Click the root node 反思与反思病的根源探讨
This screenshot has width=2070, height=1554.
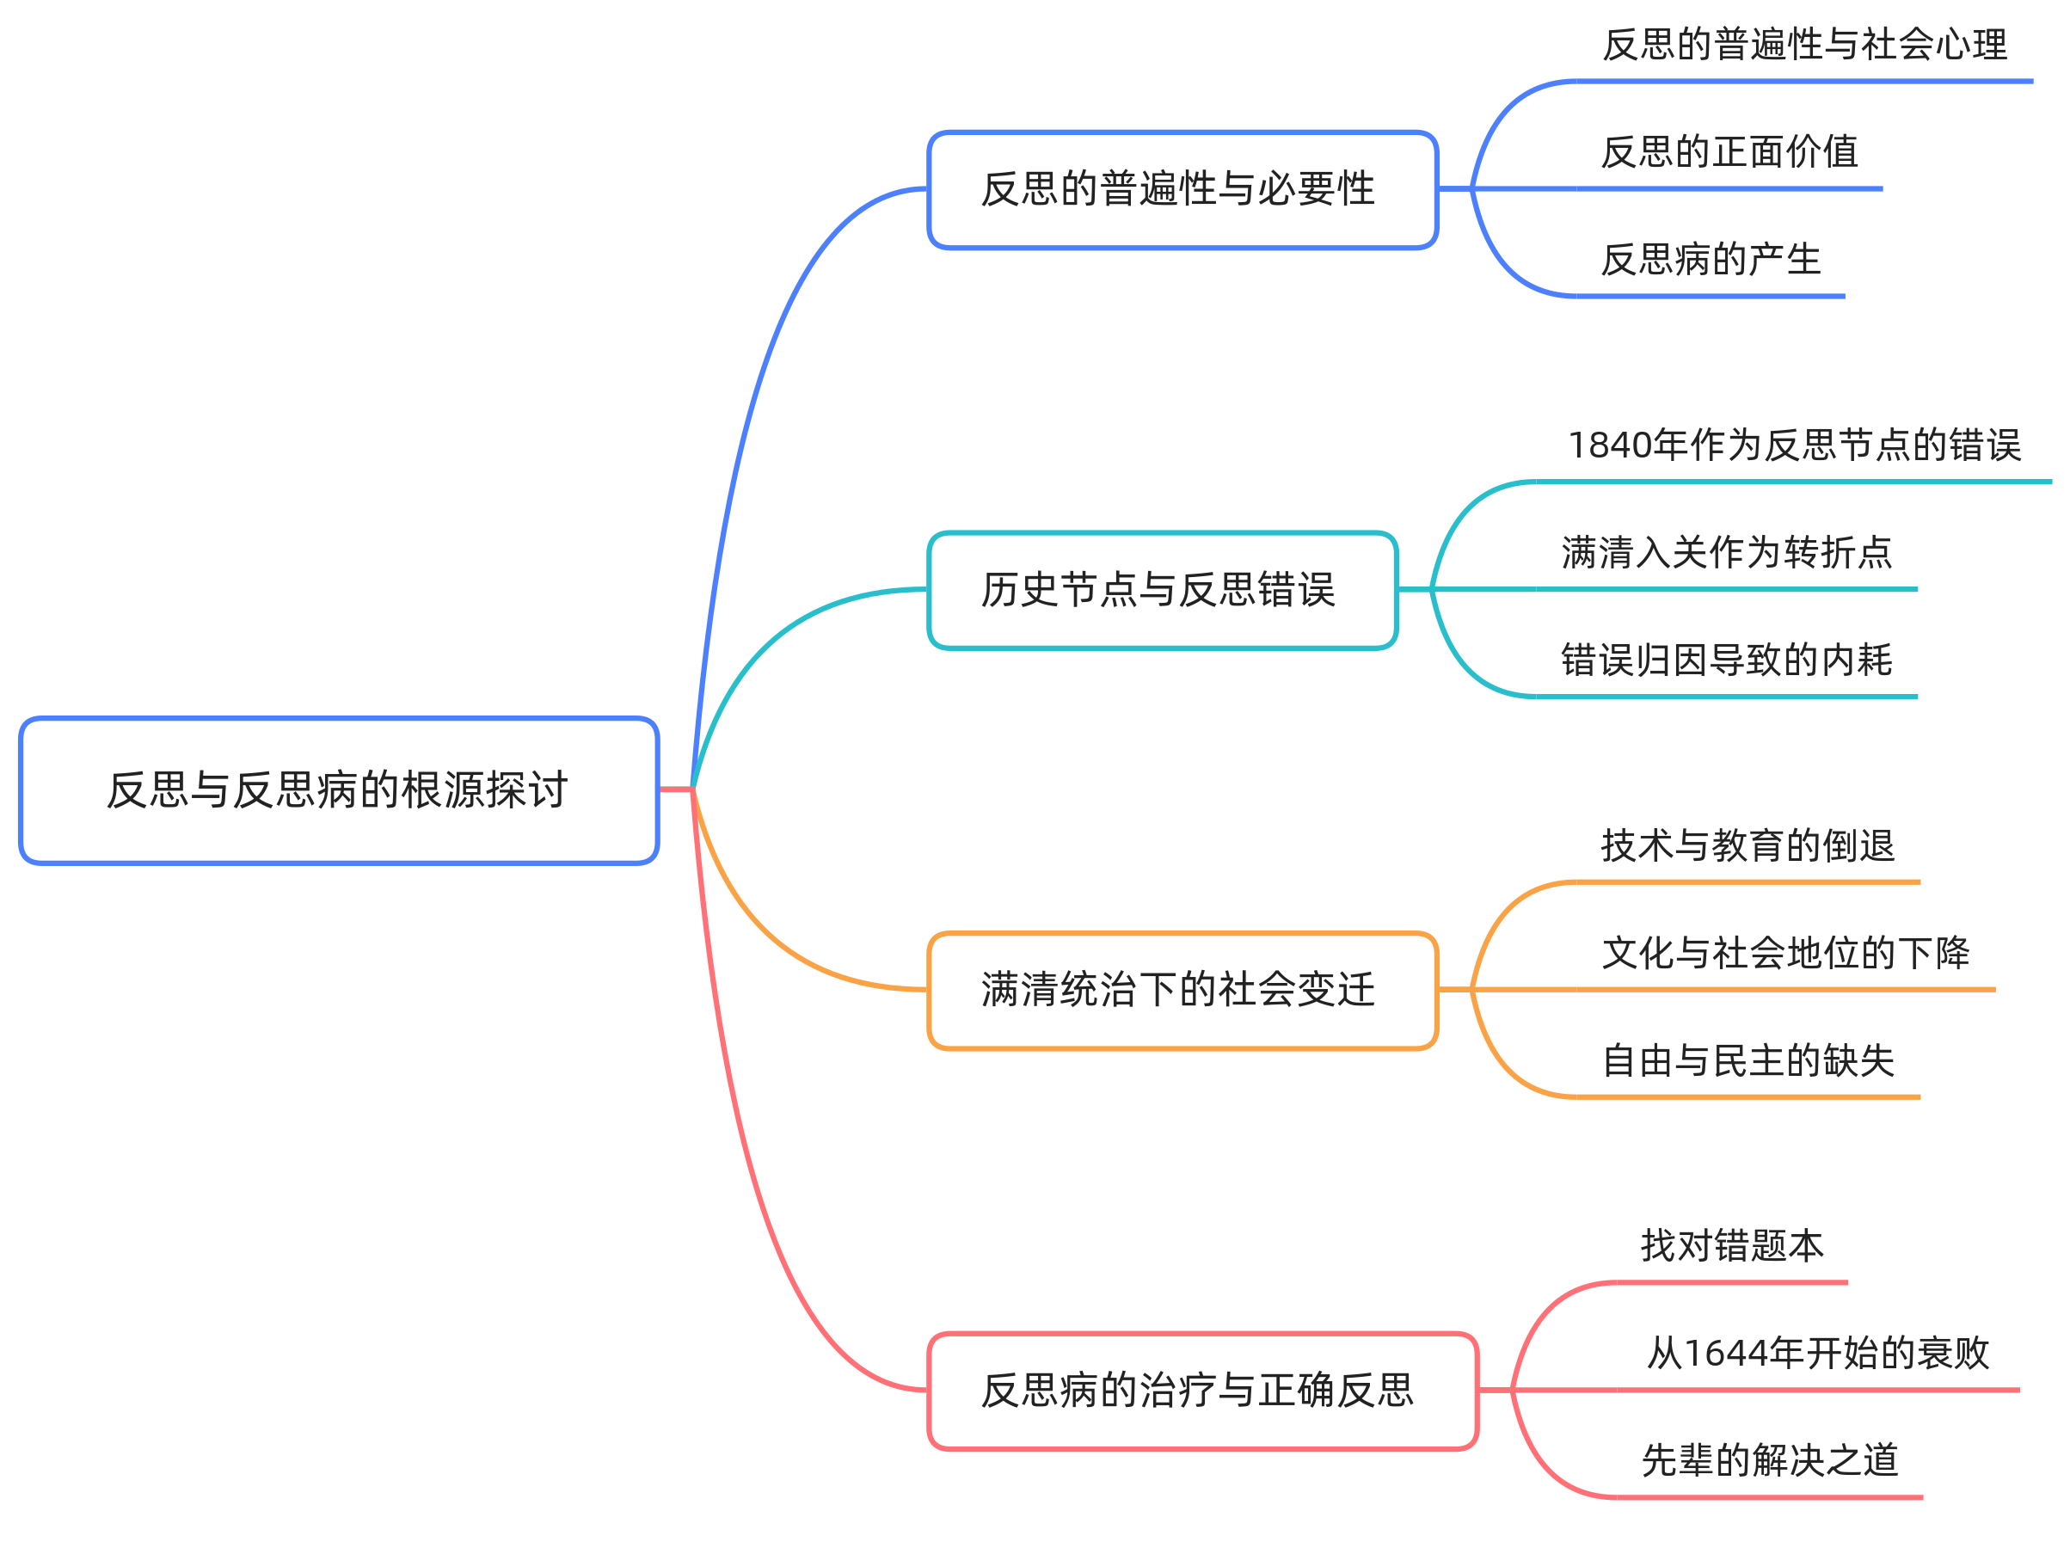coord(339,790)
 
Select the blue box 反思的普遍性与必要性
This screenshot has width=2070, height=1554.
coord(1182,190)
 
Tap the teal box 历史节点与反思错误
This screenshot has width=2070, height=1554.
coord(1162,590)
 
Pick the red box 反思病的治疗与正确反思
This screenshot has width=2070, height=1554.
coord(1201,1391)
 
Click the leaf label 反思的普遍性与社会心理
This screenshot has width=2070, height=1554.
coord(1804,45)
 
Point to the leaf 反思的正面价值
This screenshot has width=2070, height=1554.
coord(1729,152)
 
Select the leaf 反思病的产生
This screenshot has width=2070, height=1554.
coord(1711,260)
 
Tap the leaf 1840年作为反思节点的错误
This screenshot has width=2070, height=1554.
coord(1794,445)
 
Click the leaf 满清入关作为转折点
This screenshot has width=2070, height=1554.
coord(1727,553)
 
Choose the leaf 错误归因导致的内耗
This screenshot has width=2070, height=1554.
coord(1727,660)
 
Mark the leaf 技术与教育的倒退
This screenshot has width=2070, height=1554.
coord(1748,845)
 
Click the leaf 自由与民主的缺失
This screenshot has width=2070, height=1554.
coord(1748,1061)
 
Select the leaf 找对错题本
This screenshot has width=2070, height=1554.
coord(1732,1246)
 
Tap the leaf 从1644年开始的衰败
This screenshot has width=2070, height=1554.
coord(1817,1354)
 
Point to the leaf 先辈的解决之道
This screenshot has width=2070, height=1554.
coord(1770,1461)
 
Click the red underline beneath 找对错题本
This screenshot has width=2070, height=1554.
coord(1732,1283)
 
